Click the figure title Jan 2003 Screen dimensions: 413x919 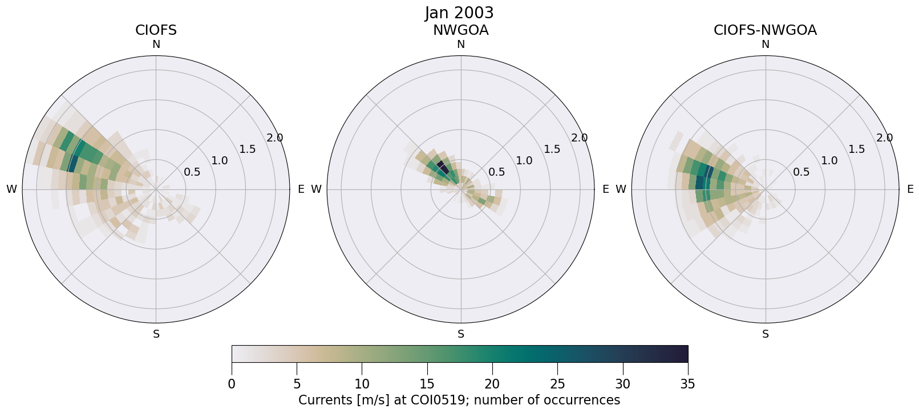(459, 13)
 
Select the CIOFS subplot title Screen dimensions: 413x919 (156, 30)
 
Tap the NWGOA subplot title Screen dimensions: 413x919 (460, 30)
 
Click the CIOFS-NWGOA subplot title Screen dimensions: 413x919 (765, 30)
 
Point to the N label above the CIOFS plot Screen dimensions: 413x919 (156, 44)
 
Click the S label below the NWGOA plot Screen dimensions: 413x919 (460, 334)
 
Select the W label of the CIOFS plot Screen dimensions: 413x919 (11, 189)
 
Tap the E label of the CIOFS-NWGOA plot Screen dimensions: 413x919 (910, 189)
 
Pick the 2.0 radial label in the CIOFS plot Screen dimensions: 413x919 (275, 137)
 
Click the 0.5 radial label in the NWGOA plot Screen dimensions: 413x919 (497, 172)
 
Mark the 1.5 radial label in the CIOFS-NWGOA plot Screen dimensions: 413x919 (856, 149)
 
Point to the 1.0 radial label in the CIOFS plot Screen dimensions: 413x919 (220, 160)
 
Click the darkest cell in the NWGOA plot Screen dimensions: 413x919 (443, 167)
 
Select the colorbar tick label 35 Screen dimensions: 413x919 (687, 384)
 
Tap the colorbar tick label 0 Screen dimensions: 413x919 (232, 384)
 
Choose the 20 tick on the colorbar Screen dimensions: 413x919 (492, 384)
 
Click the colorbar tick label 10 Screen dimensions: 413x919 (362, 384)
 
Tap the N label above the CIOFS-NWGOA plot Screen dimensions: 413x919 (765, 44)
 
